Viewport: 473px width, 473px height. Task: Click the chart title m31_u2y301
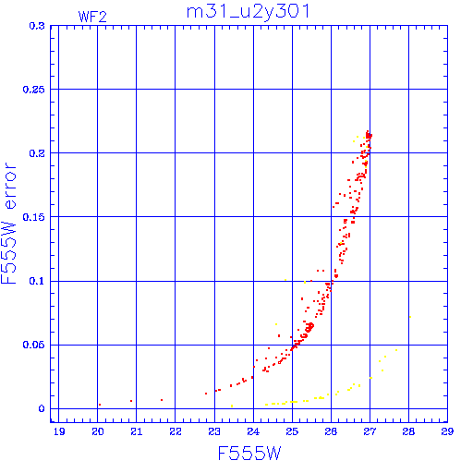pyautogui.click(x=248, y=12)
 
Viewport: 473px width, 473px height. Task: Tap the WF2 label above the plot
pyautogui.click(x=92, y=17)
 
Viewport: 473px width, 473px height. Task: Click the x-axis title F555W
pyautogui.click(x=249, y=454)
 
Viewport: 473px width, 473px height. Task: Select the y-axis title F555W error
pyautogui.click(x=8, y=224)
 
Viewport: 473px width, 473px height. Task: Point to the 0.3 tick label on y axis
pyautogui.click(x=37, y=26)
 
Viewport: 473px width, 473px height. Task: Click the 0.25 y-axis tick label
pyautogui.click(x=34, y=90)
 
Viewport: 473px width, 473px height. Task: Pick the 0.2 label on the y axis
pyautogui.click(x=37, y=153)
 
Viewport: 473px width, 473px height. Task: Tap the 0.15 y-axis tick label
pyautogui.click(x=34, y=217)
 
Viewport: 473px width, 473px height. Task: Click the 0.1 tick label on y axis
pyautogui.click(x=37, y=281)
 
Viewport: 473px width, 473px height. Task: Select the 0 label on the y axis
pyautogui.click(x=42, y=408)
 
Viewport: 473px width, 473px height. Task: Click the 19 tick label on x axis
pyautogui.click(x=59, y=431)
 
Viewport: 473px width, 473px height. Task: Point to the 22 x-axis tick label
pyautogui.click(x=176, y=431)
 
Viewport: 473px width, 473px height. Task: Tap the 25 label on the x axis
pyautogui.click(x=292, y=431)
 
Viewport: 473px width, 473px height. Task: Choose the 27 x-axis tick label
pyautogui.click(x=370, y=431)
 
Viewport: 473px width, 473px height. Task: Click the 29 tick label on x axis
pyautogui.click(x=447, y=431)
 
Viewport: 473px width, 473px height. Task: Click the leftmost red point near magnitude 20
pyautogui.click(x=100, y=405)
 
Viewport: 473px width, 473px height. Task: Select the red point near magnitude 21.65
pyautogui.click(x=162, y=400)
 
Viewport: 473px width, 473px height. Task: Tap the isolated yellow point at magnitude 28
pyautogui.click(x=410, y=317)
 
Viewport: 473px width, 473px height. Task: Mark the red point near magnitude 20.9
pyautogui.click(x=131, y=401)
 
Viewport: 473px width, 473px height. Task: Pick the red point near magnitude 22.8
pyautogui.click(x=206, y=394)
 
